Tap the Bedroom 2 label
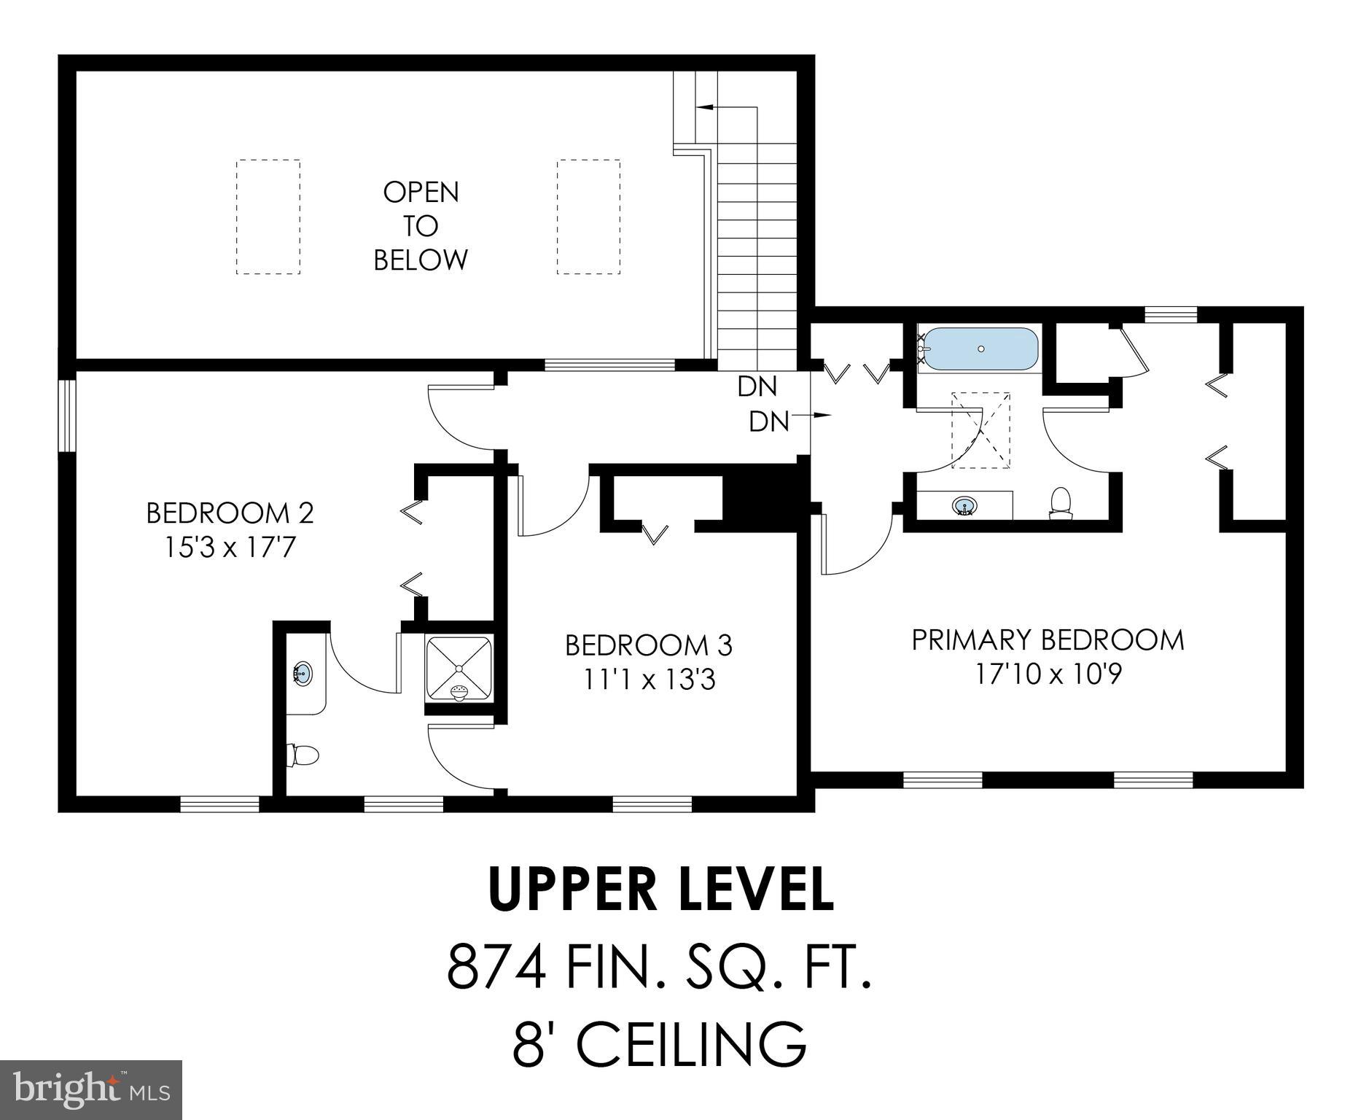click(x=230, y=513)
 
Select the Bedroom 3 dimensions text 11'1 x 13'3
click(x=648, y=680)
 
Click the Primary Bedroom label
click(x=1048, y=640)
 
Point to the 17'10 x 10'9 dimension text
click(x=1048, y=674)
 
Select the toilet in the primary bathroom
click(x=1061, y=503)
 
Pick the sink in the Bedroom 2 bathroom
click(x=303, y=672)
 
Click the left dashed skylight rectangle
click(x=268, y=217)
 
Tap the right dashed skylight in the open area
click(x=588, y=217)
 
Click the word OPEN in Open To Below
click(x=421, y=192)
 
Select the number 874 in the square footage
click(x=496, y=967)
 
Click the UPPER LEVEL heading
click(x=660, y=890)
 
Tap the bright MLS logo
click(x=90, y=1089)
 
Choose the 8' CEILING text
click(x=660, y=1043)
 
